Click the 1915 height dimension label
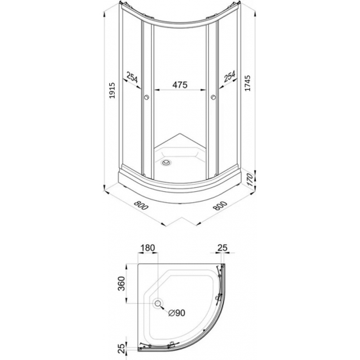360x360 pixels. (112, 91)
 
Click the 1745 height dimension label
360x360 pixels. (247, 83)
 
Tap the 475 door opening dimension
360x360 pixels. (180, 84)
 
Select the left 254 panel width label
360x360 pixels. (132, 77)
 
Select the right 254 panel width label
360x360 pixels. (230, 77)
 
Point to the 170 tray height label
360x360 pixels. (250, 180)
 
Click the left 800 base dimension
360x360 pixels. (141, 205)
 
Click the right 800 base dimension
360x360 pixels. (220, 206)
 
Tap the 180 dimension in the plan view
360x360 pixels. (148, 247)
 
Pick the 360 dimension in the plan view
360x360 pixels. (121, 283)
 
